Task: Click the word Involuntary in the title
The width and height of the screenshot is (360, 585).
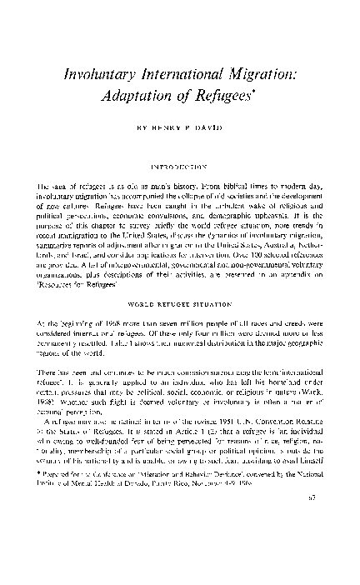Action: coord(103,74)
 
